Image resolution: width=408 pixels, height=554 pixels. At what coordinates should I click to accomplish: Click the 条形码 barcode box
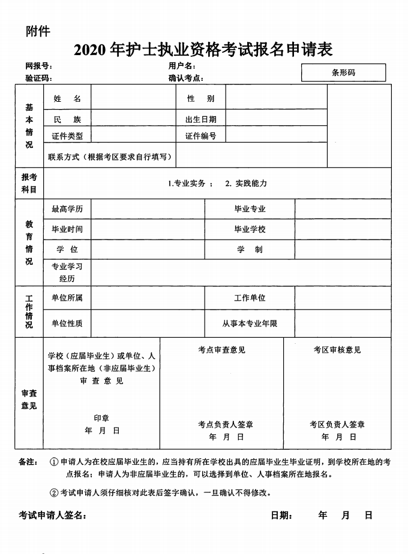(343, 72)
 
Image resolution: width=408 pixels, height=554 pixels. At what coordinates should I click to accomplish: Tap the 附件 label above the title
(38, 31)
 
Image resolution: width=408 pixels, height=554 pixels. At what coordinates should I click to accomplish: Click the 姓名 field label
(67, 98)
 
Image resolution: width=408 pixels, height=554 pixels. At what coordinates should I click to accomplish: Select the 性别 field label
(200, 98)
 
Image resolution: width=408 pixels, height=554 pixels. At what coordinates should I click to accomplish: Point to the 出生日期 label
(200, 119)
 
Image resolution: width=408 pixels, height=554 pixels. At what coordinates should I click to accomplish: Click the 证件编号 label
(200, 136)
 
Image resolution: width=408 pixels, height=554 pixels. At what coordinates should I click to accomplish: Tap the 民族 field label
(67, 119)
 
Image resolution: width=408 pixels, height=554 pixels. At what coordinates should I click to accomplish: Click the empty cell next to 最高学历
(148, 209)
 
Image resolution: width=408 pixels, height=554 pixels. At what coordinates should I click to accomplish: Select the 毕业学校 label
(250, 229)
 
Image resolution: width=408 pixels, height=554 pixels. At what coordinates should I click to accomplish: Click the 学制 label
(250, 250)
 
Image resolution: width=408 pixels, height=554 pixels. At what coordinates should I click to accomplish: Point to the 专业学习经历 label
(67, 273)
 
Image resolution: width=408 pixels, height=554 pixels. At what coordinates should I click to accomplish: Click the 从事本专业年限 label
(250, 323)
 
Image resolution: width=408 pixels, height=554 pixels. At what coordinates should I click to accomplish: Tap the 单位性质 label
(67, 323)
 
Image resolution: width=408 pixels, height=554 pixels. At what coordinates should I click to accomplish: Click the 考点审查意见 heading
(221, 350)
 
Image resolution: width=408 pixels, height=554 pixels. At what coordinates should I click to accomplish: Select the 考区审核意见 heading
(337, 350)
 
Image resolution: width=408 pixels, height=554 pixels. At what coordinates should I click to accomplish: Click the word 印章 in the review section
(101, 417)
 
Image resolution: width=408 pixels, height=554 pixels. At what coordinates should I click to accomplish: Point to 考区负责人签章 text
(337, 425)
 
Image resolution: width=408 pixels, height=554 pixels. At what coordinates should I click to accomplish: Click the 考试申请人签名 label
(52, 516)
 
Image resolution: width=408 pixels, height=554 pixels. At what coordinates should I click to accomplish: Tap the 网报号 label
(39, 65)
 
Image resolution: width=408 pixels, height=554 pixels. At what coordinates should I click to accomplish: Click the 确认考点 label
(186, 78)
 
